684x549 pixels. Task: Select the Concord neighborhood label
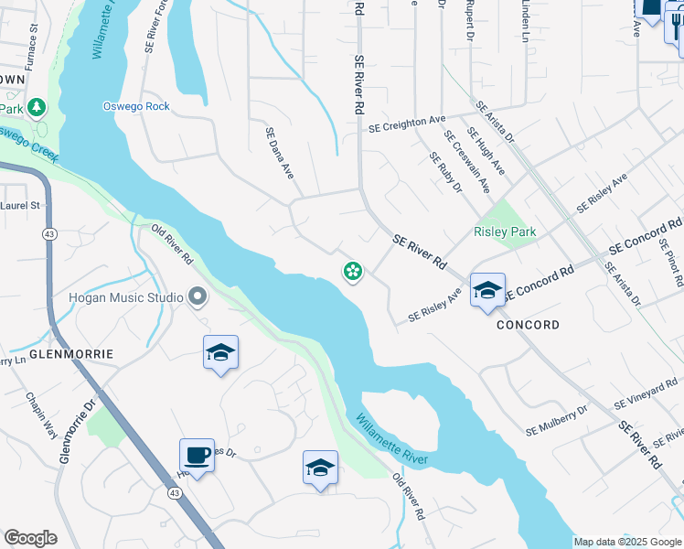tap(528, 325)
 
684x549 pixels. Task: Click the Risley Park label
tap(505, 231)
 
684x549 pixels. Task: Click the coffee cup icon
tap(198, 455)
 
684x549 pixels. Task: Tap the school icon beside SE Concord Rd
tap(487, 291)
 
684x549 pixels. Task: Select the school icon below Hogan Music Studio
tap(220, 352)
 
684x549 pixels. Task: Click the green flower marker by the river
tap(352, 270)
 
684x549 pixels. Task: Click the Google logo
tap(30, 538)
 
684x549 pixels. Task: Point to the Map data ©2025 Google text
tap(627, 542)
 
